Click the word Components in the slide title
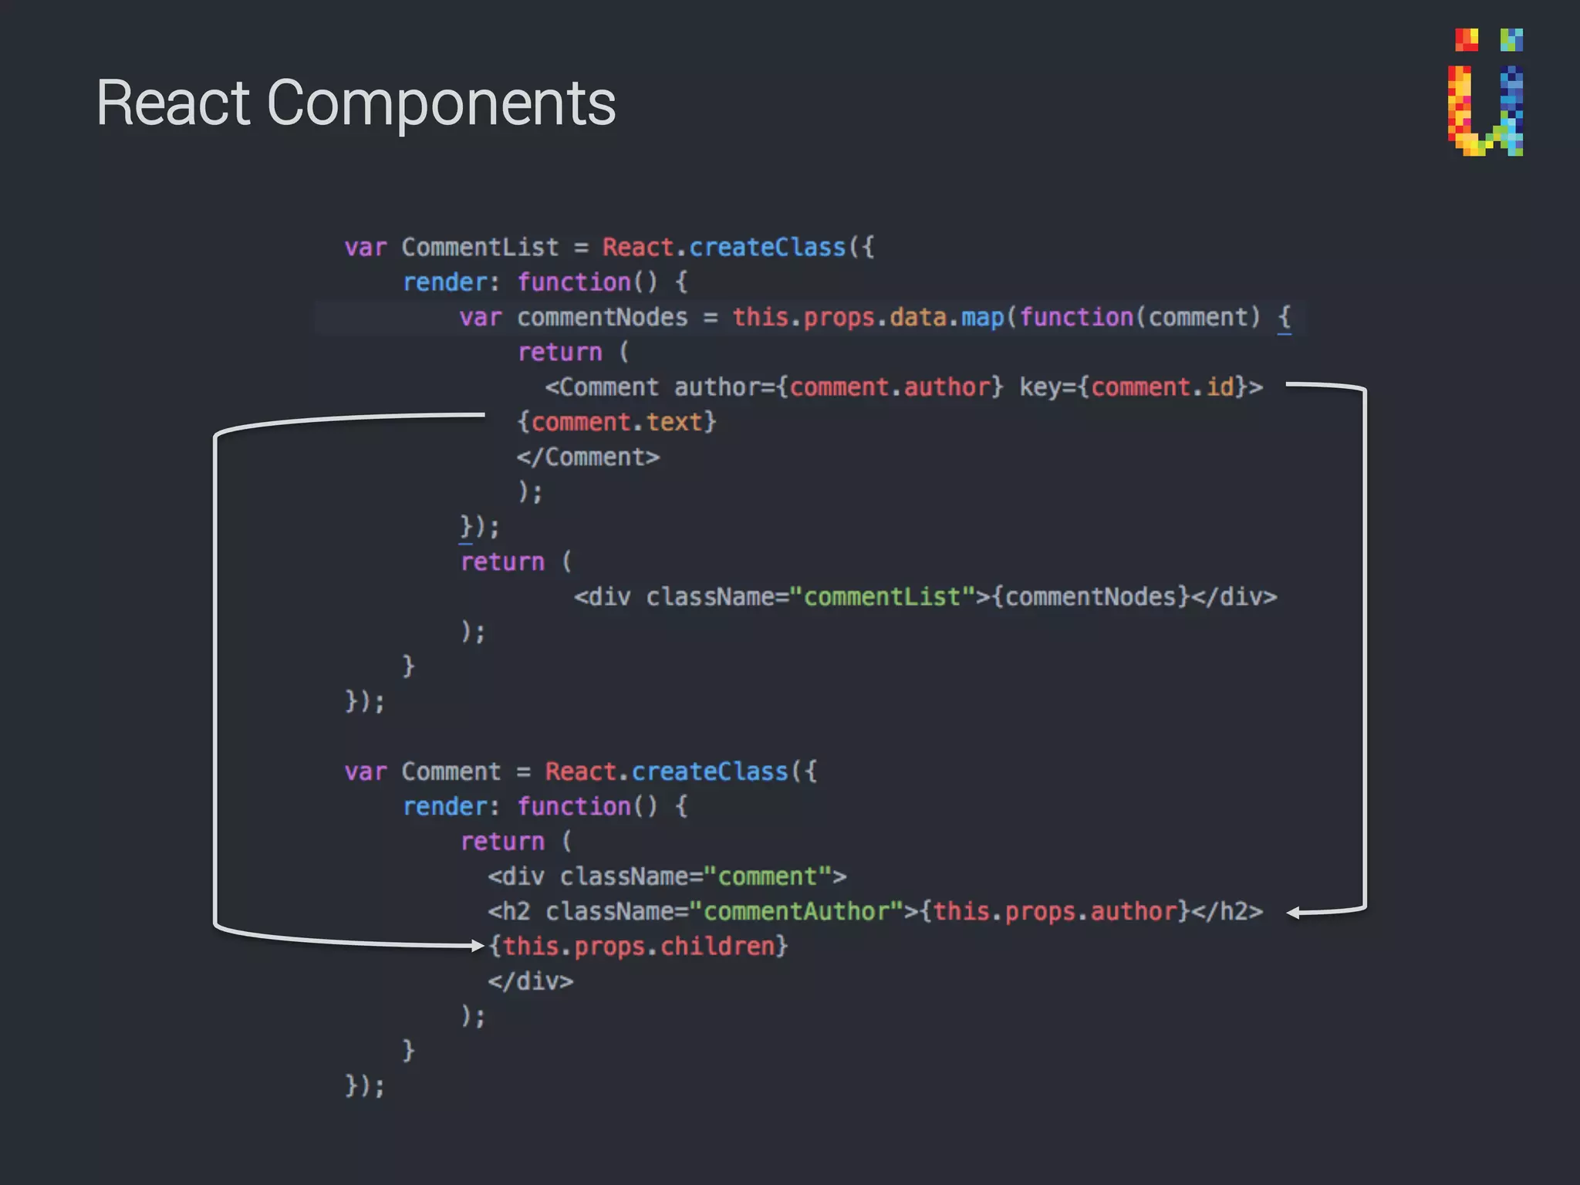click(x=441, y=104)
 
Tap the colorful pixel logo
click(x=1486, y=93)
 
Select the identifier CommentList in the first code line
click(x=480, y=248)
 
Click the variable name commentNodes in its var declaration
click(x=602, y=318)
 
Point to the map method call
click(x=982, y=318)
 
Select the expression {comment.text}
click(x=616, y=423)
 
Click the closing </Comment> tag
click(x=588, y=457)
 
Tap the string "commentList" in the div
click(x=882, y=597)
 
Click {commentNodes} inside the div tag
click(x=1090, y=597)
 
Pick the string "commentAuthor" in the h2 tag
click(x=796, y=912)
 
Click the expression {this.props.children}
click(x=638, y=947)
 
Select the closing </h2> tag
click(x=1227, y=912)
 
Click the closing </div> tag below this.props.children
click(x=531, y=981)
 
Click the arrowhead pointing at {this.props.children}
click(x=477, y=946)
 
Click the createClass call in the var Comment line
click(x=710, y=771)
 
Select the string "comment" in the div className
click(x=768, y=877)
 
